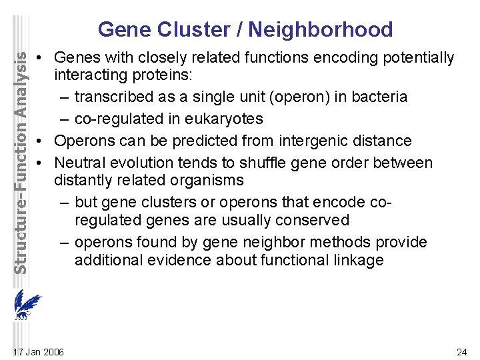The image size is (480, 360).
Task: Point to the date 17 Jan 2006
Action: click(39, 351)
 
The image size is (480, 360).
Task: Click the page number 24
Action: click(461, 351)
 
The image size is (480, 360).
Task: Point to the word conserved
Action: click(316, 220)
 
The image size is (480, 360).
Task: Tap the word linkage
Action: click(358, 260)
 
